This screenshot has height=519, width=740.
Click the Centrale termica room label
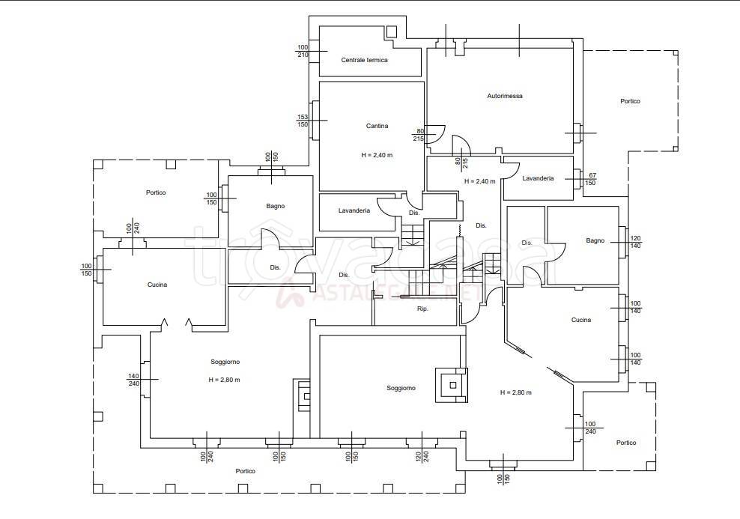(364, 60)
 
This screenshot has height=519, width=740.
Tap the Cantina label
(377, 126)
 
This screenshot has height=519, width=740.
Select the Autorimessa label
(505, 96)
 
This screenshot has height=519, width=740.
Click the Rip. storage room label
(422, 309)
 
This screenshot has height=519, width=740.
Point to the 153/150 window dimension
(303, 121)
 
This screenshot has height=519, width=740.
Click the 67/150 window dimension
(590, 179)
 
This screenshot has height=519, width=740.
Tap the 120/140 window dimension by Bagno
(636, 242)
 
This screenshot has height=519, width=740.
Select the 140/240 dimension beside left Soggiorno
(133, 380)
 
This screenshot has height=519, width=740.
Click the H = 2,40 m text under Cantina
(377, 155)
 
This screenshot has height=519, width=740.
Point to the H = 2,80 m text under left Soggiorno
(224, 380)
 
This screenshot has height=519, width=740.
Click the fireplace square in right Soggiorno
(452, 385)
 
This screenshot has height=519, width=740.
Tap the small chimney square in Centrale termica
(392, 31)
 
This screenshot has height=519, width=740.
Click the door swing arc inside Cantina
(438, 133)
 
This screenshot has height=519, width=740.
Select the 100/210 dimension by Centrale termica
(303, 51)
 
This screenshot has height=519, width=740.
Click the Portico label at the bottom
(246, 471)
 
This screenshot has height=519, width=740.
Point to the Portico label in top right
(630, 101)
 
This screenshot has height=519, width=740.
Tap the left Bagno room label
(276, 206)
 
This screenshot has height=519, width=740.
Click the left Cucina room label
(157, 285)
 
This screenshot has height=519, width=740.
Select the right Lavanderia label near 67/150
(538, 178)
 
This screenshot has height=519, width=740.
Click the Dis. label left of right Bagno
(527, 243)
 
